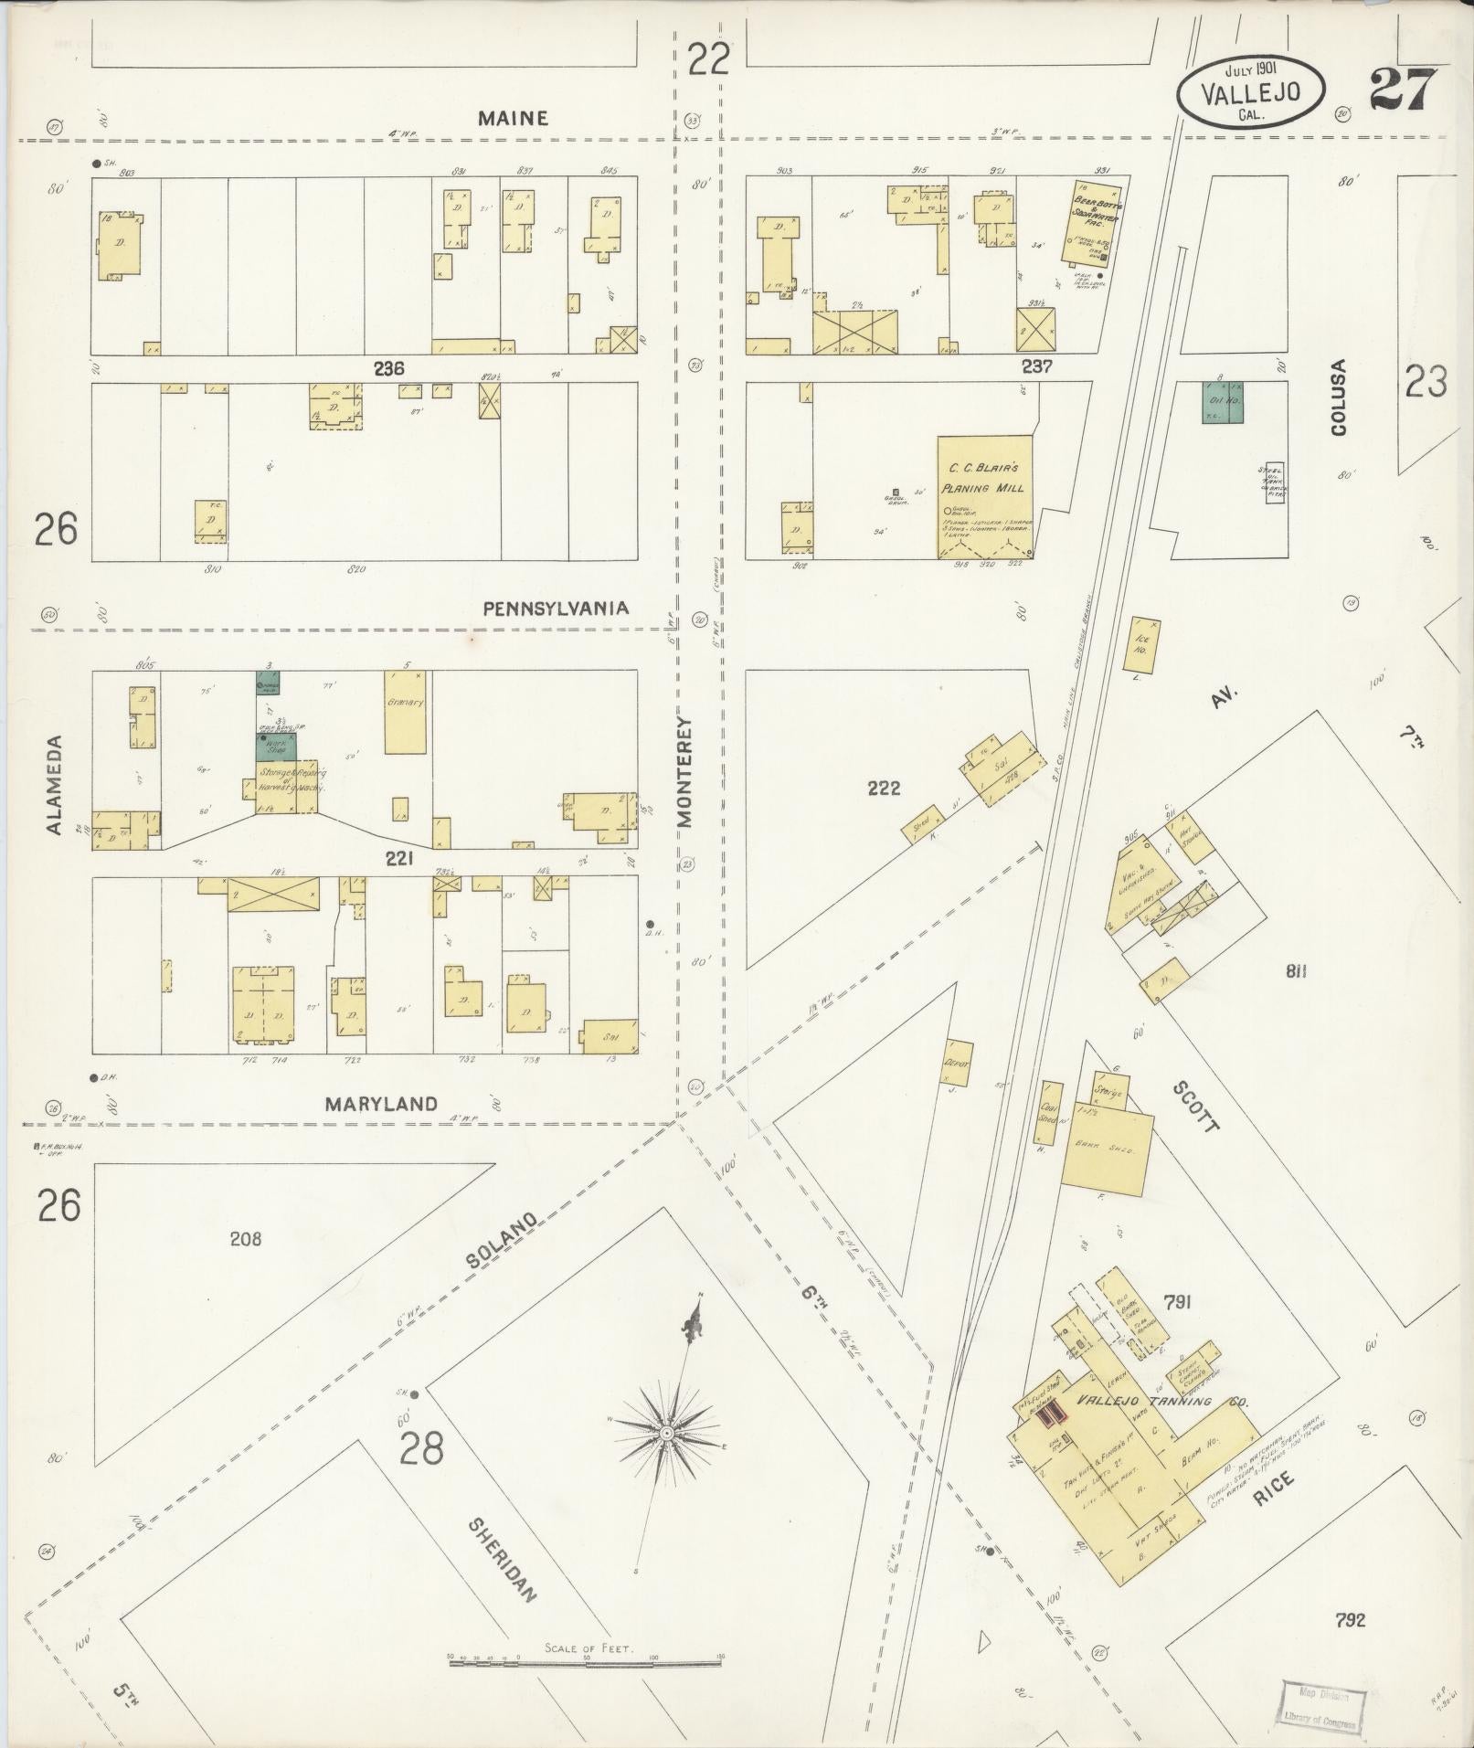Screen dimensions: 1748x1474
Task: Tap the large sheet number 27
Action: [1403, 90]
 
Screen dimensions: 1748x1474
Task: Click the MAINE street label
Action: [513, 118]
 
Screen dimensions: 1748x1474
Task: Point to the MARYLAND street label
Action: [381, 1104]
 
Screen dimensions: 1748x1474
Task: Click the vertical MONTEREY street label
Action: [686, 771]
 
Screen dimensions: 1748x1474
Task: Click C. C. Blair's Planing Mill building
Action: [984, 495]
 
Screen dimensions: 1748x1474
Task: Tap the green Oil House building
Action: [1223, 401]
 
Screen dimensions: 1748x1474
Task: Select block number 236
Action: [388, 368]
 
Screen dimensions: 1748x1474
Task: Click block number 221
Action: [399, 858]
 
